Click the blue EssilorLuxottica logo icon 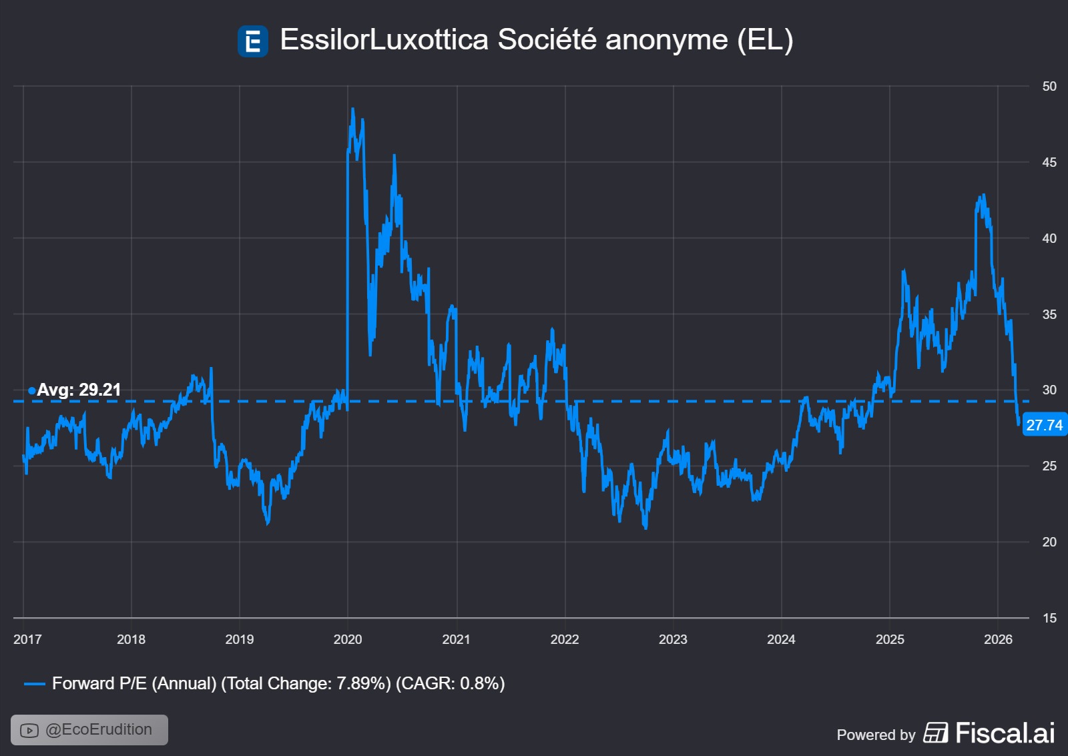point(253,41)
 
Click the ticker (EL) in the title point(765,39)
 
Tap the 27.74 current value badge point(1044,425)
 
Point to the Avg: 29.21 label point(79,390)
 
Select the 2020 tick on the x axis point(348,639)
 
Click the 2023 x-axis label point(673,639)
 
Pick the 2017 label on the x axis point(27,639)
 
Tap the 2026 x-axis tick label point(998,639)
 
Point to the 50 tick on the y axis point(1049,86)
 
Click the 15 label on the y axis point(1049,618)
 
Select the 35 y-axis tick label point(1049,314)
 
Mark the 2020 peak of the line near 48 point(352,109)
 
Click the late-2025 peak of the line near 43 point(983,196)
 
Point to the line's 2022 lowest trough point(645,528)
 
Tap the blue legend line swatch point(34,684)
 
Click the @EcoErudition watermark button point(89,730)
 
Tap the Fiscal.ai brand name point(1005,733)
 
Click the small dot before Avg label point(31,390)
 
